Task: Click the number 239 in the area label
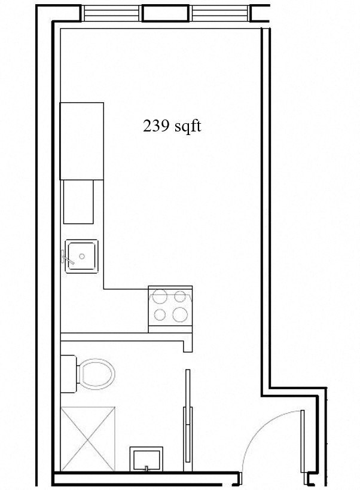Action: pyautogui.click(x=155, y=126)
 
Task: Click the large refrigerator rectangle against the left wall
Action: pyautogui.click(x=82, y=140)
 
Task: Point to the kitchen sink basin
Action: pyautogui.click(x=81, y=256)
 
